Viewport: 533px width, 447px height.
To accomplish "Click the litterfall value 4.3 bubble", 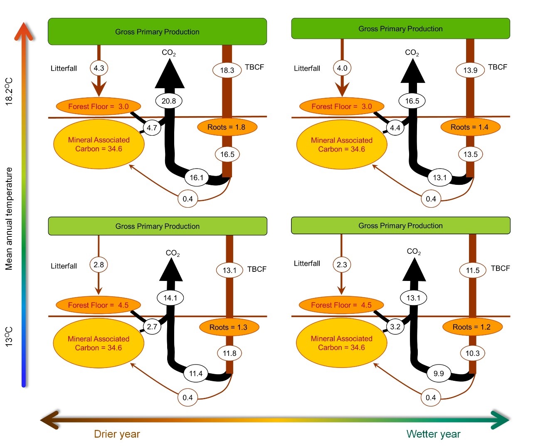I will [99, 68].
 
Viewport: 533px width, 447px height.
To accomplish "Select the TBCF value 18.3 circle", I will [227, 70].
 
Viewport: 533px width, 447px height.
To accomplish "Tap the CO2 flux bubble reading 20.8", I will [169, 101].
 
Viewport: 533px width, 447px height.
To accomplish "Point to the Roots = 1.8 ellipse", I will [227, 127].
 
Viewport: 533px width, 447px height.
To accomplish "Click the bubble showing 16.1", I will [197, 178].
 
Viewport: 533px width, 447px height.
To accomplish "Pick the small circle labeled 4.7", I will [152, 128].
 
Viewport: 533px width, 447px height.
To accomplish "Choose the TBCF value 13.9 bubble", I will [470, 70].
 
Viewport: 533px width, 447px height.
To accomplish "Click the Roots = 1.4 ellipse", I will [470, 127].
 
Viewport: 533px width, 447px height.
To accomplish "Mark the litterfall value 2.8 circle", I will [99, 265].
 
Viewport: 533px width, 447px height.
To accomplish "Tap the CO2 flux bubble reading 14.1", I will [170, 298].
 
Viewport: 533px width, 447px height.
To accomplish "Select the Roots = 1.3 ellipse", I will [229, 327].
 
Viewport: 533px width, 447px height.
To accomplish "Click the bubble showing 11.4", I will [196, 373].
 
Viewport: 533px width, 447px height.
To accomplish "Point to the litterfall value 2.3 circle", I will [342, 265].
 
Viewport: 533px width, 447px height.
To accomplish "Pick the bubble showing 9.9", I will [439, 373].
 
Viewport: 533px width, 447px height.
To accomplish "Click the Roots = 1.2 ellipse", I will [472, 327].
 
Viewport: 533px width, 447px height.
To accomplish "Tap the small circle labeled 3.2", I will [395, 327].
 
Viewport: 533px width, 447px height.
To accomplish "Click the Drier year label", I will [117, 434].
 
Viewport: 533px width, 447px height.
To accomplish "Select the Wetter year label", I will [433, 434].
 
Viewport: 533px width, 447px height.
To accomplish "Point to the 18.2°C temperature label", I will [9, 91].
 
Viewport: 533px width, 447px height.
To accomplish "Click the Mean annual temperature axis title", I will [9, 219].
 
